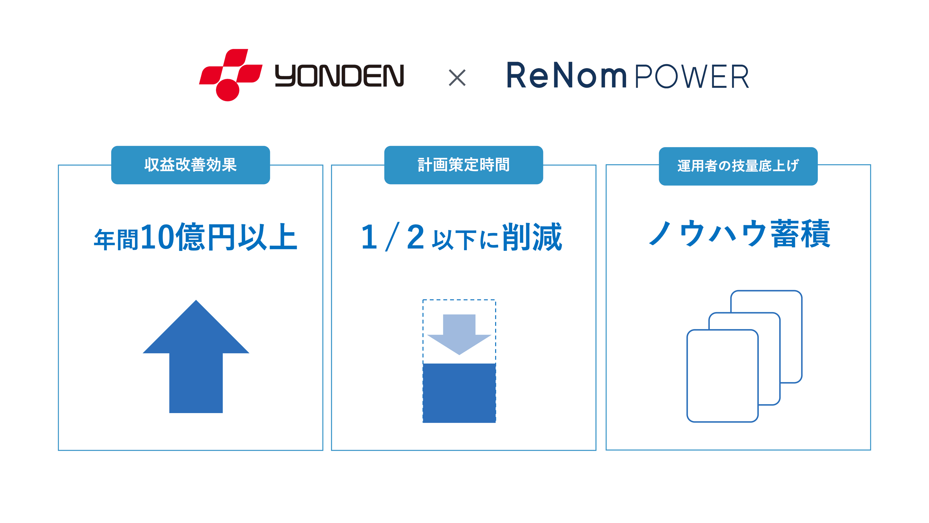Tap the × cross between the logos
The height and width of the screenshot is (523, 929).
coord(457,77)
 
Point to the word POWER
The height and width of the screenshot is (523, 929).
coord(692,77)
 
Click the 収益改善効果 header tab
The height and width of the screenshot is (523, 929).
coord(190,165)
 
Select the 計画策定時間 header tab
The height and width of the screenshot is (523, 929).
coord(464,165)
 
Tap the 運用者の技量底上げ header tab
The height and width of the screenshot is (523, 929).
coord(738,166)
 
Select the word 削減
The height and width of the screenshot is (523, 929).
coord(532,237)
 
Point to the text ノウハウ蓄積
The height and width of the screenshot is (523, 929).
coord(739,234)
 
